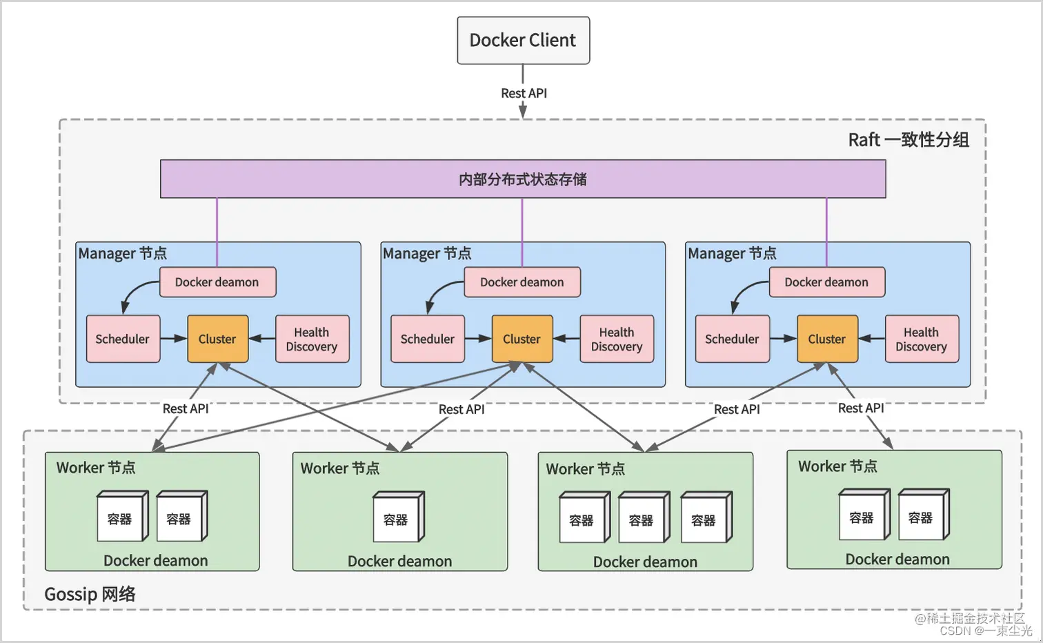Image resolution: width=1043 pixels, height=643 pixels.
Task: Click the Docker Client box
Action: coord(523,41)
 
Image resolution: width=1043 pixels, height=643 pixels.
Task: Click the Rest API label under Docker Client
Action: coord(524,93)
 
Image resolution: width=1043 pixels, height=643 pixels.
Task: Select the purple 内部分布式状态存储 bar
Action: coord(523,179)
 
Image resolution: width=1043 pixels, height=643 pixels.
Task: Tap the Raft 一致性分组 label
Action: coord(908,140)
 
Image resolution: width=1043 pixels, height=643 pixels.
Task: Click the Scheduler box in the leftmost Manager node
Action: coord(123,339)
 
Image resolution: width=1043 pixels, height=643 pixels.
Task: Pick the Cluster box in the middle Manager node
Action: coord(522,339)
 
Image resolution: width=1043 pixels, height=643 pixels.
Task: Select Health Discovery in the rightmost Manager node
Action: coord(921,339)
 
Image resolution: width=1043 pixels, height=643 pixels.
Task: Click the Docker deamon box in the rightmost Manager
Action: coord(826,282)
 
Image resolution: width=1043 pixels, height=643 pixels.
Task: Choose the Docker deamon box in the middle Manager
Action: coord(521,282)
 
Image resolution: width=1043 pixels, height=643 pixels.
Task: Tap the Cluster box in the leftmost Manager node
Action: coord(217,339)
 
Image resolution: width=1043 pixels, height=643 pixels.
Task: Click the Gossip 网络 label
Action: coord(90,594)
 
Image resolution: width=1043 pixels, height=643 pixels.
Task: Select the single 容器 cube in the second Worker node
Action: coord(397,518)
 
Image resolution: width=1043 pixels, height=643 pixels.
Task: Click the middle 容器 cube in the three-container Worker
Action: coord(642,519)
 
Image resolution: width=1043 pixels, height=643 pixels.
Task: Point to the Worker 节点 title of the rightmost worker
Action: coord(837,466)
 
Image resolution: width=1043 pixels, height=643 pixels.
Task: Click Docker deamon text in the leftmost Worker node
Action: coord(155,560)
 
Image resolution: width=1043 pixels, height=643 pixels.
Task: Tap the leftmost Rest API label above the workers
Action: coord(185,408)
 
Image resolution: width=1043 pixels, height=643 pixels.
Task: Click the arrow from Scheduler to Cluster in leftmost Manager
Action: coord(173,339)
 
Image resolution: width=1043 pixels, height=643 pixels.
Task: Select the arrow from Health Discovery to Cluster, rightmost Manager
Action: coord(872,339)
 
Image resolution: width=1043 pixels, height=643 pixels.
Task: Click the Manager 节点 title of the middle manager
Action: coord(427,253)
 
